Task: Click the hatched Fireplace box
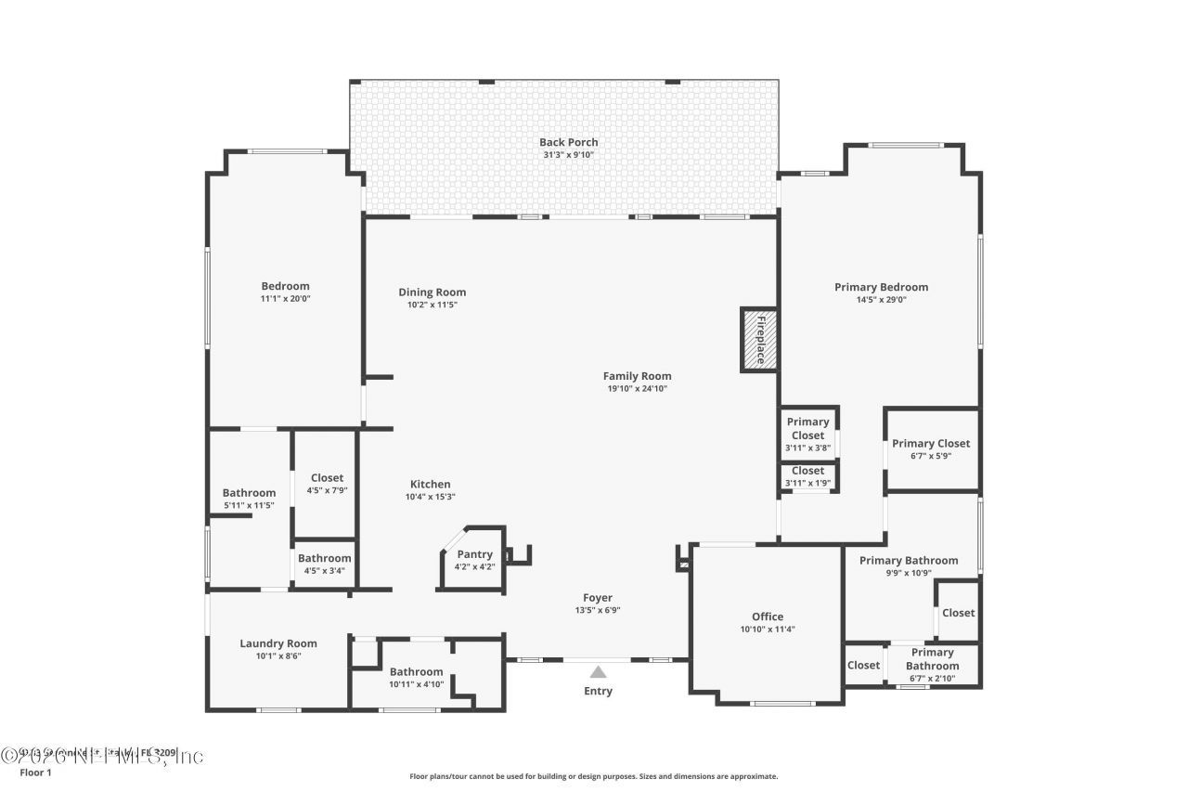pyautogui.click(x=758, y=340)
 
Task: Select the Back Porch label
pyautogui.click(x=568, y=142)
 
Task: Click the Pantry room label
pyautogui.click(x=474, y=554)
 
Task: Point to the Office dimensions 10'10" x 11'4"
pyautogui.click(x=767, y=630)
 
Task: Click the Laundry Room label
pyautogui.click(x=278, y=643)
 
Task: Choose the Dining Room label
pyautogui.click(x=432, y=292)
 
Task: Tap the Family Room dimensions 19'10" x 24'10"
pyautogui.click(x=637, y=389)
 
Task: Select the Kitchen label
pyautogui.click(x=430, y=484)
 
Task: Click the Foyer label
pyautogui.click(x=597, y=598)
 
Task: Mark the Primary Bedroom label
pyautogui.click(x=881, y=287)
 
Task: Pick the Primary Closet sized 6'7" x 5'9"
pyautogui.click(x=931, y=444)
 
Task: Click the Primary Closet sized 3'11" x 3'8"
pyautogui.click(x=807, y=428)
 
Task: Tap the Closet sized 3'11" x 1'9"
pyautogui.click(x=807, y=471)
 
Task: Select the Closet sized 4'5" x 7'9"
pyautogui.click(x=327, y=478)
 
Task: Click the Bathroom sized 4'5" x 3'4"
pyautogui.click(x=324, y=558)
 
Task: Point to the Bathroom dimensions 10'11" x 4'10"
pyautogui.click(x=416, y=684)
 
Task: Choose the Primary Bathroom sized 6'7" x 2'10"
pyautogui.click(x=933, y=659)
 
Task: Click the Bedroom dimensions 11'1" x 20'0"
pyautogui.click(x=285, y=299)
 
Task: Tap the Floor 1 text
pyautogui.click(x=36, y=773)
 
